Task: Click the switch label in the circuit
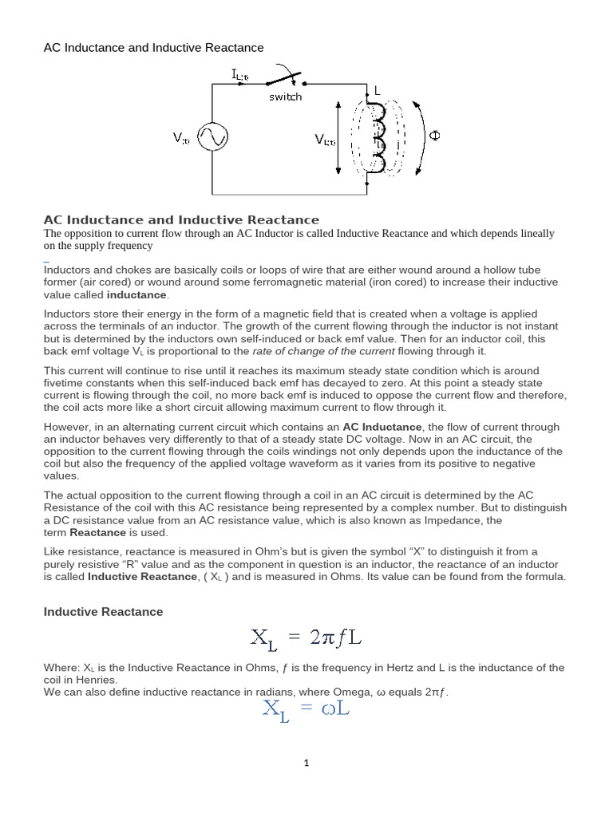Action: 285,97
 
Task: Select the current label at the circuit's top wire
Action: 240,75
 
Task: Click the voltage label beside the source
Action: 181,138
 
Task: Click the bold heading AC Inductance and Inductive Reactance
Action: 181,219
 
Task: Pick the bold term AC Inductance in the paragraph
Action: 378,427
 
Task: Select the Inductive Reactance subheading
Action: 103,611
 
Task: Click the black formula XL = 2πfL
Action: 308,637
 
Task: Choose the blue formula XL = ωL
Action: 306,708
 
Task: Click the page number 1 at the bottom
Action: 306,763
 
